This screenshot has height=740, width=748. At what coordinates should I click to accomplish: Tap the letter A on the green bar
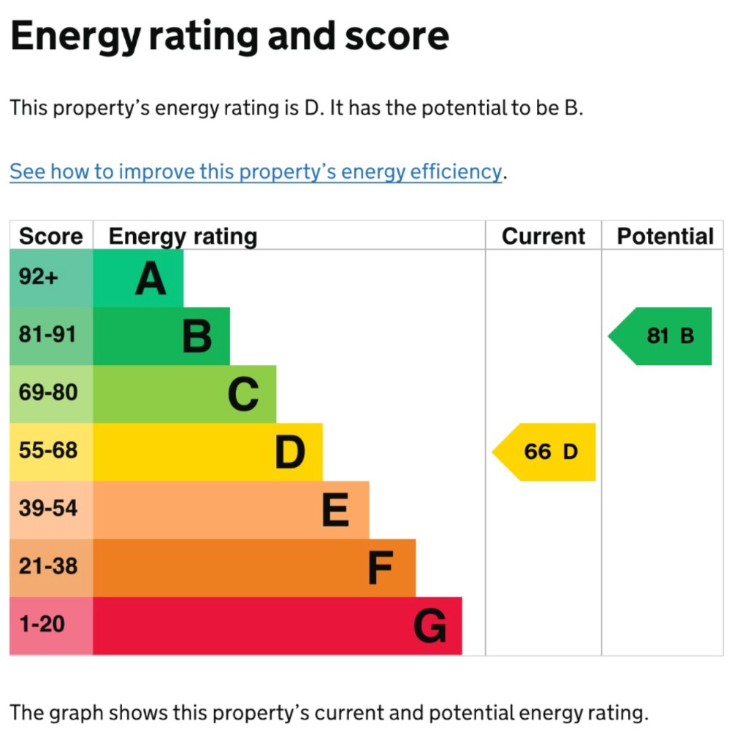point(150,279)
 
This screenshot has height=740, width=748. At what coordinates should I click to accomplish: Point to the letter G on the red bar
point(430,626)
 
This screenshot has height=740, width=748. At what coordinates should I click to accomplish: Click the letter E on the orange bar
point(335,510)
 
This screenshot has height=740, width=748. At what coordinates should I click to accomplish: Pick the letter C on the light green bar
point(243,395)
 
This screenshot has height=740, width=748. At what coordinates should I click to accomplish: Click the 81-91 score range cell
point(47,335)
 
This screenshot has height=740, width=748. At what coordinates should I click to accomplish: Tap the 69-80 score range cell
point(47,393)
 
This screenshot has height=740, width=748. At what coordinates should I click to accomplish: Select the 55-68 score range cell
point(47,451)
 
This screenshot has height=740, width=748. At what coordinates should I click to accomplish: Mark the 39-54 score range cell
point(47,509)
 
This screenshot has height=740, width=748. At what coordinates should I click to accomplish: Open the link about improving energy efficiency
point(256,171)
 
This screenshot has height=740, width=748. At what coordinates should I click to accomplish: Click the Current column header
point(543,236)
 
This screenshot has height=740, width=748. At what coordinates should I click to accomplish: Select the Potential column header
point(665,236)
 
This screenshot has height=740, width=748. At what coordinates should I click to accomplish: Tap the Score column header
point(51,236)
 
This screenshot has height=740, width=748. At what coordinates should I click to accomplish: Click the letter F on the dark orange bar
point(381,569)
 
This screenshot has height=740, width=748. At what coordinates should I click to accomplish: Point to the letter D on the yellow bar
point(290,452)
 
